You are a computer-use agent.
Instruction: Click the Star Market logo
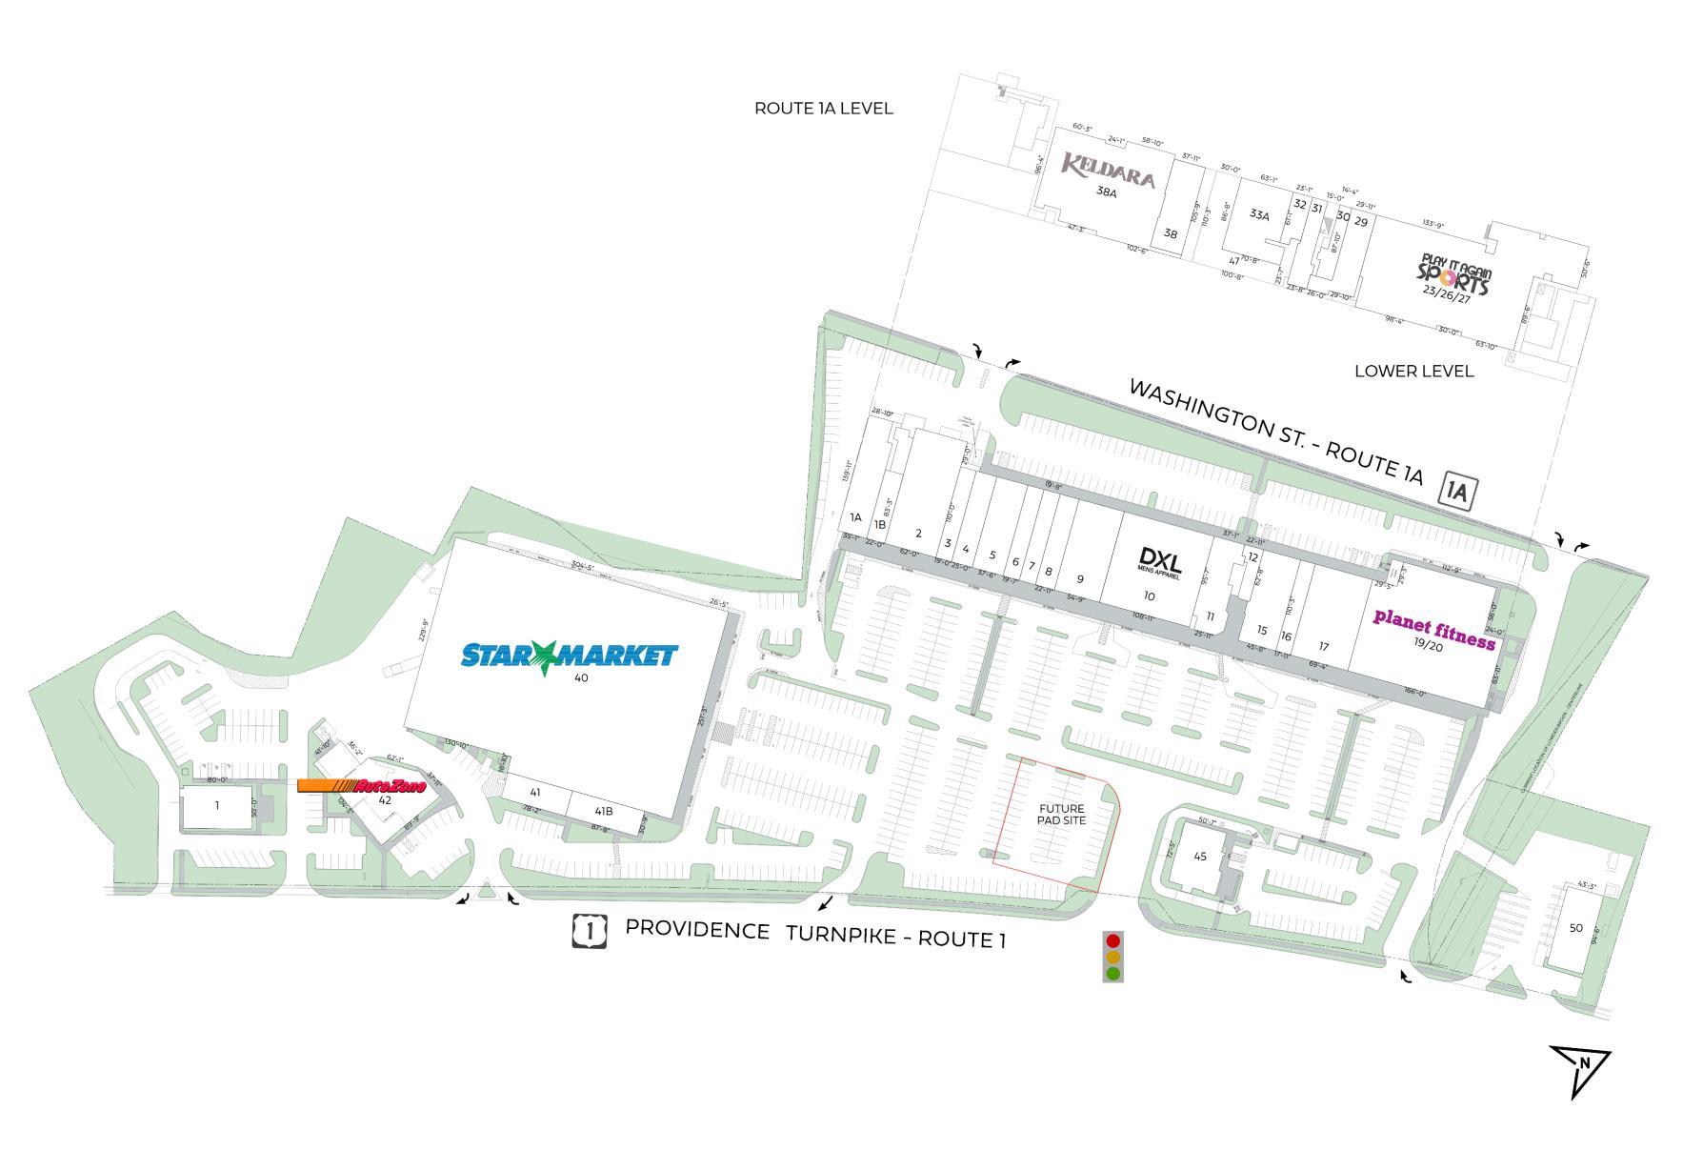[569, 656]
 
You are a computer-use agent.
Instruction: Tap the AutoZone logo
[362, 786]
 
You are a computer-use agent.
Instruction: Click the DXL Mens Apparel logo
[1159, 561]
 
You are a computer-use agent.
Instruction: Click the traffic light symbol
[1112, 956]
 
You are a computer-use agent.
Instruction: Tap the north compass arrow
[1581, 1066]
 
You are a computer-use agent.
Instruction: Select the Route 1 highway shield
[590, 930]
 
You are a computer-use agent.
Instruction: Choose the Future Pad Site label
[1062, 815]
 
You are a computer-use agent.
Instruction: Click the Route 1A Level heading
[824, 109]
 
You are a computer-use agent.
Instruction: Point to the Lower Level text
[1413, 371]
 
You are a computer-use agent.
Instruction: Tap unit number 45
[1200, 857]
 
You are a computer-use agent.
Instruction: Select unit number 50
[1576, 928]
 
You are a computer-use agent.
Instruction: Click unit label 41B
[604, 811]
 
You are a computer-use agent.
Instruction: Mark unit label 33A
[1259, 215]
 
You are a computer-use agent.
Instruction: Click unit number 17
[1324, 647]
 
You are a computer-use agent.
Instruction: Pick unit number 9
[1080, 578]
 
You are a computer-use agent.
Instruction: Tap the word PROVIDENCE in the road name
[697, 929]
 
